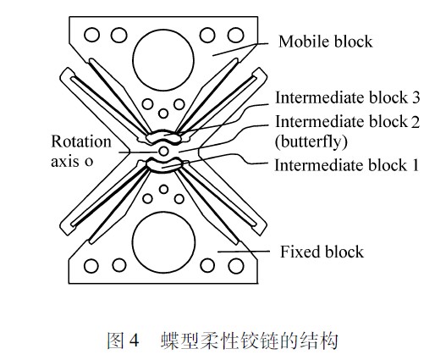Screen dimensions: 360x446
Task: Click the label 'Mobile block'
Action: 326,42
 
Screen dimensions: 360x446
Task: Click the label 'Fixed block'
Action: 322,252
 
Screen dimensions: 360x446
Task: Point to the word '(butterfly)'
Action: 308,141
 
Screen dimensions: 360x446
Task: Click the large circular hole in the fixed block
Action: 164,242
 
